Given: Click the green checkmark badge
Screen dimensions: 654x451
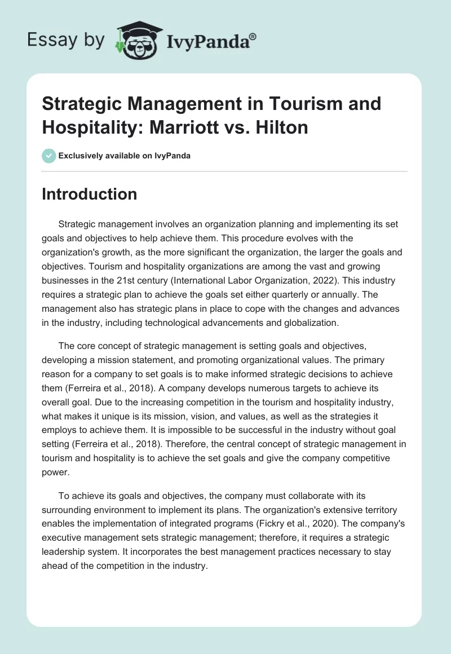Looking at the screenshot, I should point(49,156).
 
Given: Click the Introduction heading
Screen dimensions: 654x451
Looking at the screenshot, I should point(90,194).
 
